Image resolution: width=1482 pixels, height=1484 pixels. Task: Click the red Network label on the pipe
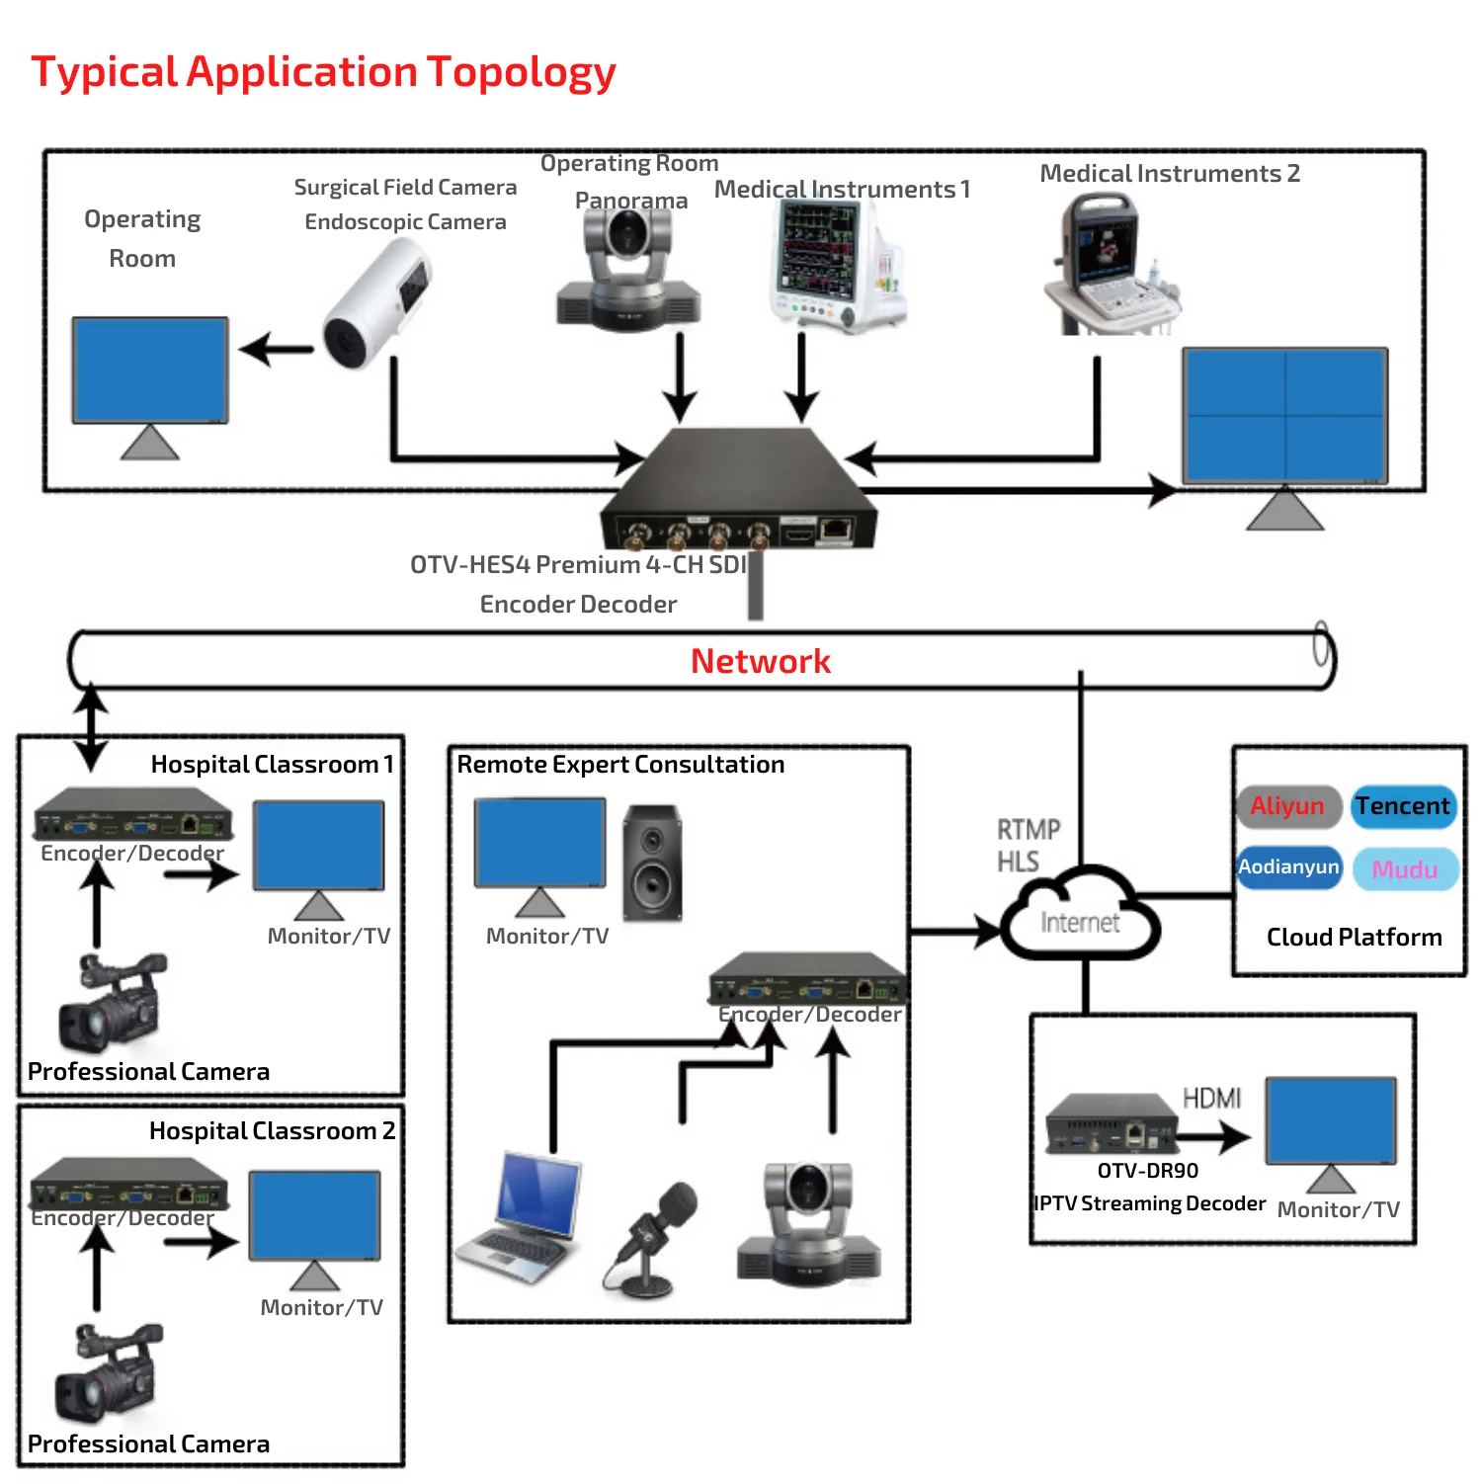click(x=760, y=661)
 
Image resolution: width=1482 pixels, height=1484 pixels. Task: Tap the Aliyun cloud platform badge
click(x=1287, y=806)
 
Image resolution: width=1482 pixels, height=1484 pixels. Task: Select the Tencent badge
click(x=1402, y=806)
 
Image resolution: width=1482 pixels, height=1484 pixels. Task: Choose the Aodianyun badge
click(x=1288, y=867)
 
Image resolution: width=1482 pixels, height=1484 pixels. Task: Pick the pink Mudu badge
click(x=1404, y=869)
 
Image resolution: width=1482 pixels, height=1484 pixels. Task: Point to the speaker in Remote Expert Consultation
click(x=652, y=863)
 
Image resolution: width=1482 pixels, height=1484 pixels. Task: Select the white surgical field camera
click(x=375, y=304)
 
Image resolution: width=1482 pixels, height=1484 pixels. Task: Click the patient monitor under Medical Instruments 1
click(x=835, y=265)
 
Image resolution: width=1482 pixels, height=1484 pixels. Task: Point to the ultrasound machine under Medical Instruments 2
click(x=1111, y=265)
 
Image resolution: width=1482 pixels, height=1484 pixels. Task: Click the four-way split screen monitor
click(x=1284, y=415)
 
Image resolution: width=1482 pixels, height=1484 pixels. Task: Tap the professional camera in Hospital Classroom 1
click(x=112, y=1003)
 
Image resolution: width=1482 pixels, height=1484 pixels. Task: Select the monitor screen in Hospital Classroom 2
click(x=315, y=1215)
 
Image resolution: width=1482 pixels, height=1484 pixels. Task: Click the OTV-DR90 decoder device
click(x=1111, y=1124)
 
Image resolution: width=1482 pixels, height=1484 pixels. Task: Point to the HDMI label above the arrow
click(x=1211, y=1098)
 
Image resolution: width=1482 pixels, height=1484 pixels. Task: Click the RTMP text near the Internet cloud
click(x=1029, y=829)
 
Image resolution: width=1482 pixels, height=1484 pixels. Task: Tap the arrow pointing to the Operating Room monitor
click(x=276, y=349)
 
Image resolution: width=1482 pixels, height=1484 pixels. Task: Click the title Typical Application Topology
click(x=323, y=72)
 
